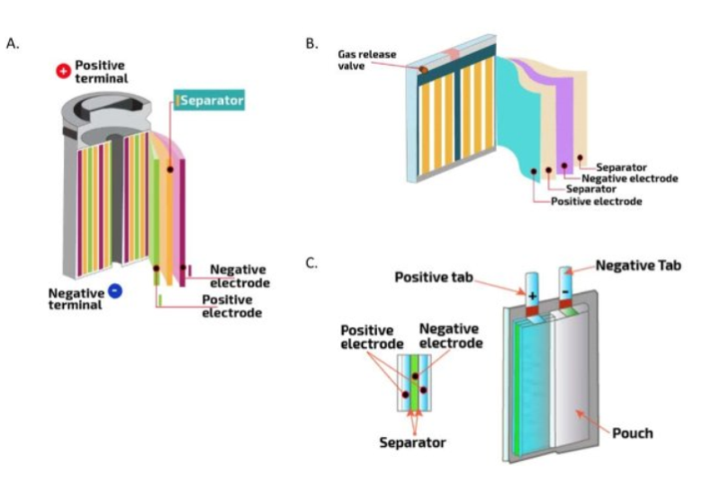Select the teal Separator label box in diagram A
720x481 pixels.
tap(210, 102)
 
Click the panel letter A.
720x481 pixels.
tap(13, 42)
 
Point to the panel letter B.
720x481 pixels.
tap(312, 42)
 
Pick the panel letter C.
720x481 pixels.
tap(311, 263)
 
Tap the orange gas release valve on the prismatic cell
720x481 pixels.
tap(422, 68)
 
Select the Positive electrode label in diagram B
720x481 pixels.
tap(597, 201)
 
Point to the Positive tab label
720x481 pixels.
tap(433, 277)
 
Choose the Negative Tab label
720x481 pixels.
tap(639, 265)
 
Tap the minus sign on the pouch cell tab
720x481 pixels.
tap(565, 294)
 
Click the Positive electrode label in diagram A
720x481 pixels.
tap(231, 306)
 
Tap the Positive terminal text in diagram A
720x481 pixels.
tap(101, 72)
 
